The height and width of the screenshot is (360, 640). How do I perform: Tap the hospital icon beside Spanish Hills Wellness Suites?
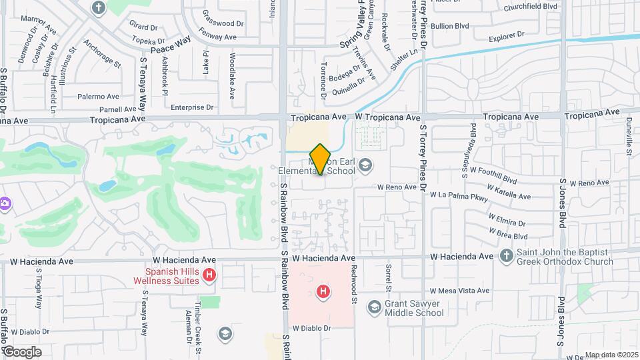[x=210, y=275]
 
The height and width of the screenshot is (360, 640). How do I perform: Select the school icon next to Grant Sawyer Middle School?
[x=375, y=307]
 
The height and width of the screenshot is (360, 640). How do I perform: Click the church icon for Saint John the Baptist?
[x=506, y=256]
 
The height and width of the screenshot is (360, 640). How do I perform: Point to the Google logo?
[x=22, y=351]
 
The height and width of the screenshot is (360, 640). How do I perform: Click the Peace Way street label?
[x=171, y=45]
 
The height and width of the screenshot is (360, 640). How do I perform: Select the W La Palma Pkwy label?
[x=459, y=195]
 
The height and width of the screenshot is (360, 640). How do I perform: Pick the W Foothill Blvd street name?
[x=494, y=176]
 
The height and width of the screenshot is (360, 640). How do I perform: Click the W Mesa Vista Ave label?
[x=459, y=291]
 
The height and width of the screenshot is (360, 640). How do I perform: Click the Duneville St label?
[x=629, y=137]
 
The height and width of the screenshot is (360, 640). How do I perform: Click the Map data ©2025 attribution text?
[x=610, y=355]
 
